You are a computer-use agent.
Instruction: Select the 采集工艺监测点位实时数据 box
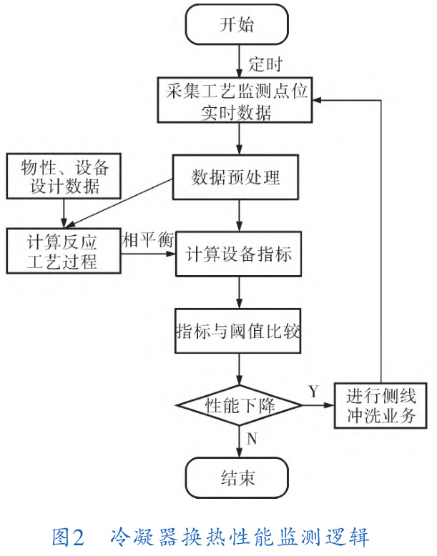[x=236, y=102]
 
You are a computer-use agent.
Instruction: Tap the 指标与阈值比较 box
[x=236, y=330]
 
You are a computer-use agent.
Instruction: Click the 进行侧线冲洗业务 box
[x=381, y=405]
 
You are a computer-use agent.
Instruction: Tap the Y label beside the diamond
[x=313, y=392]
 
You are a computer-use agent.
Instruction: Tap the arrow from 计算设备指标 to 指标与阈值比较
[x=237, y=292]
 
